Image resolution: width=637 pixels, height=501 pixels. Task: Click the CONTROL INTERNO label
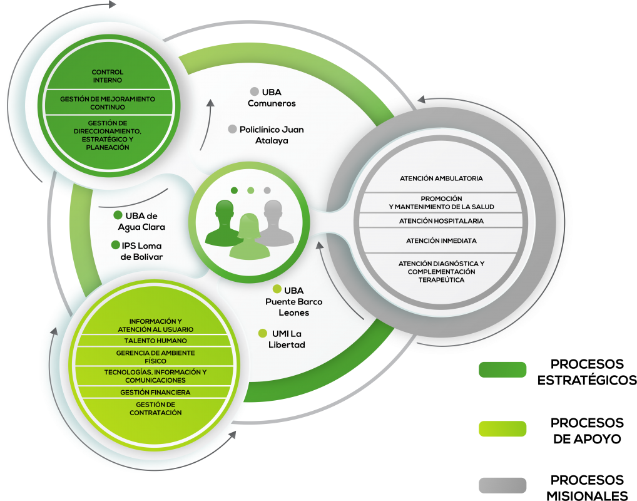pos(107,76)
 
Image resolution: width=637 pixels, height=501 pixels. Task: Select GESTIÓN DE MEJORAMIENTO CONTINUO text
pos(108,103)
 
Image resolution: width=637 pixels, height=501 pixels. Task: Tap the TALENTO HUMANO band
pos(156,341)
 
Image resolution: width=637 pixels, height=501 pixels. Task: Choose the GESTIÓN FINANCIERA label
pos(155,393)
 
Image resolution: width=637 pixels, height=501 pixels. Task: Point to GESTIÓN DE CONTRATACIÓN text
pos(156,409)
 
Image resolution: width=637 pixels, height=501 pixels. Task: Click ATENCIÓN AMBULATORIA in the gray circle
pos(441,178)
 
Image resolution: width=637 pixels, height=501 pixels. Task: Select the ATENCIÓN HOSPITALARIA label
pos(441,221)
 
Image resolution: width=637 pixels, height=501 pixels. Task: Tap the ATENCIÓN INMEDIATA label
pos(441,241)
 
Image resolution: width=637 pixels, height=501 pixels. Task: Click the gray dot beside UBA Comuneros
pos(255,91)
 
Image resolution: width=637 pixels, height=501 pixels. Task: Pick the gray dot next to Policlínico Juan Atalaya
pos(232,129)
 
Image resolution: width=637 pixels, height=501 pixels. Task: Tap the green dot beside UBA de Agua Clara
pos(118,215)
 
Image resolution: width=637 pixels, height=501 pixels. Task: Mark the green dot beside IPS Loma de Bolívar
pos(116,245)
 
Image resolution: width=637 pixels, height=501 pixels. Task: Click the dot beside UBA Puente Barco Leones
pos(277,289)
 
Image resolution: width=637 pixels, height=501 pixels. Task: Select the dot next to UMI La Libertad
pos(263,333)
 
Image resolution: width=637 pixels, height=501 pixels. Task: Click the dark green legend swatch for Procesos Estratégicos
pos(502,369)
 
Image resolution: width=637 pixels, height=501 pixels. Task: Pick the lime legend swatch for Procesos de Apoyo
pos(502,428)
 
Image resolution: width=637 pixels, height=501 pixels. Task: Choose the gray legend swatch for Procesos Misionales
pos(502,485)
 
